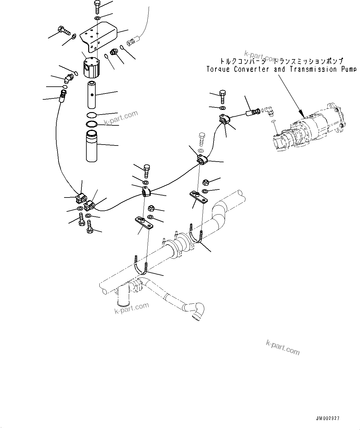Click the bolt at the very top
coord(96,6)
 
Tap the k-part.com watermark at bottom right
coord(283,347)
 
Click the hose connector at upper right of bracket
coord(132,41)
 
